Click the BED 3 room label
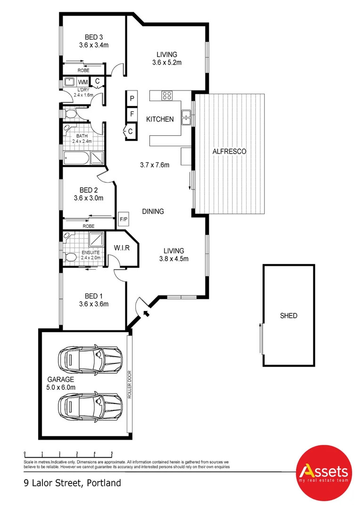click(94, 37)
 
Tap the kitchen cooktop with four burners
click(167, 96)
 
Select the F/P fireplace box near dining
click(124, 219)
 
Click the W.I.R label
click(121, 247)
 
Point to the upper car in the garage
click(89, 359)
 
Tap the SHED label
click(288, 316)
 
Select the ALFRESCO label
click(229, 151)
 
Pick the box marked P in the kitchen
click(132, 99)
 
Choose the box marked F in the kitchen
click(132, 115)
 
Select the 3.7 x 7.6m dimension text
click(154, 165)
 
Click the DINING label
click(153, 212)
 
